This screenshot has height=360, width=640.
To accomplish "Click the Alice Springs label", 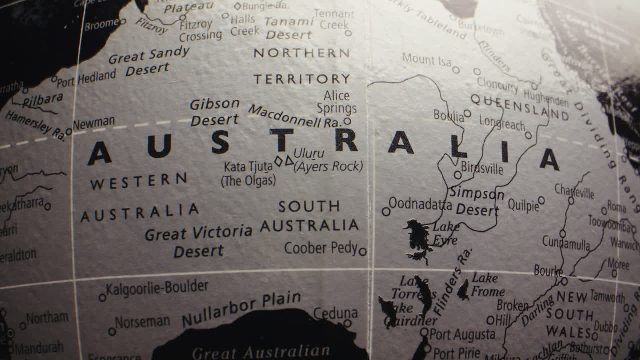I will click(x=336, y=102).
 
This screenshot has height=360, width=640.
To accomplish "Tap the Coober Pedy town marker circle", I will click(x=362, y=251).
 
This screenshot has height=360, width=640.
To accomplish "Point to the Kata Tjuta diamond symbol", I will click(x=278, y=161).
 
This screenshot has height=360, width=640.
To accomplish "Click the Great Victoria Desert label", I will click(x=198, y=241).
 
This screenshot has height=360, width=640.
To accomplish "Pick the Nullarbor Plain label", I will click(x=241, y=309).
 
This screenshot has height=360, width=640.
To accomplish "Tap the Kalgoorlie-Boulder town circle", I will click(x=102, y=297).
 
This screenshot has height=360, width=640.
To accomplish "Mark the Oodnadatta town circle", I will click(x=386, y=211).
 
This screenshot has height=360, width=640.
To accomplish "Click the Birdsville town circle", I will click(x=457, y=175).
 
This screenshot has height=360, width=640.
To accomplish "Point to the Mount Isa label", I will click(x=426, y=60).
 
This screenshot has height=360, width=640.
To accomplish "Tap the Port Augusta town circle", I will click(x=424, y=332).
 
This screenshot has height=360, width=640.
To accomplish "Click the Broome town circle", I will click(x=123, y=21).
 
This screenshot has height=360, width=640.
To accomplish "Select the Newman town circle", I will click(x=69, y=132).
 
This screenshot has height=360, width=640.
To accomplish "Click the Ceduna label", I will click(x=335, y=313).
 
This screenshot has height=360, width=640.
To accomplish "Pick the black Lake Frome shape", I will click(x=463, y=290).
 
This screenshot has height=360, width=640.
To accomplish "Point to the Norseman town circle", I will click(x=112, y=331).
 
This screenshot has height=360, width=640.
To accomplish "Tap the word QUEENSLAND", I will click(x=520, y=107).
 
